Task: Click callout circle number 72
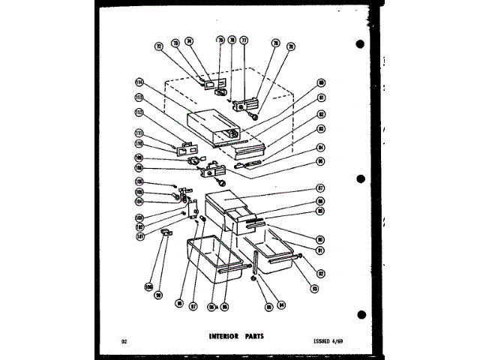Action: (x=158, y=46)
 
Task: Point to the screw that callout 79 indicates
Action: (x=257, y=117)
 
